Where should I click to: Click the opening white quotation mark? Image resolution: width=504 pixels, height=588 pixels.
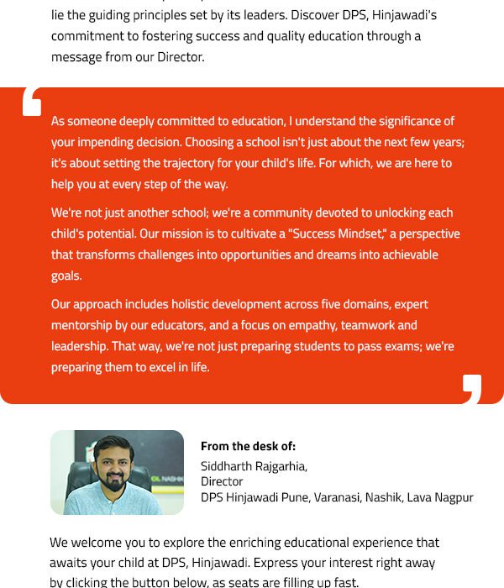click(32, 101)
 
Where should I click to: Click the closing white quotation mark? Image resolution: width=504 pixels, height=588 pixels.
click(472, 389)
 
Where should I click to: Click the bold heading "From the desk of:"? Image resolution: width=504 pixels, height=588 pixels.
click(248, 447)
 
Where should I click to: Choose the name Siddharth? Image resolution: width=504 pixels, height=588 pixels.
click(225, 466)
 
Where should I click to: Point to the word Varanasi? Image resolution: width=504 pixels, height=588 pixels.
click(336, 497)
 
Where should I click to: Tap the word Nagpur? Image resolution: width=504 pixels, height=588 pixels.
click(454, 497)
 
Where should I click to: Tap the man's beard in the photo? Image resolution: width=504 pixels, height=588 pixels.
click(115, 480)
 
